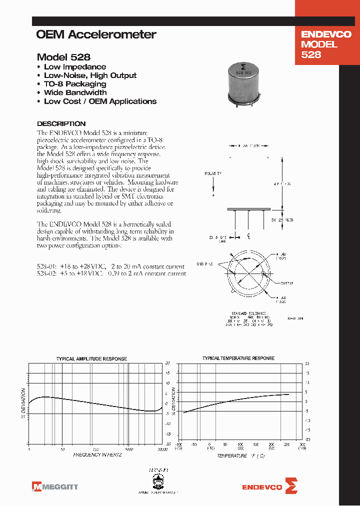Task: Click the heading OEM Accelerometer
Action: (x=96, y=34)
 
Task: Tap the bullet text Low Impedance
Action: (x=74, y=67)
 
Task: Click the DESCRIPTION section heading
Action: (x=61, y=123)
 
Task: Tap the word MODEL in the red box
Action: (x=319, y=44)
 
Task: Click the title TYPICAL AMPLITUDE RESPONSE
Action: (x=91, y=359)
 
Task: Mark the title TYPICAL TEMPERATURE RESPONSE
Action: (x=238, y=358)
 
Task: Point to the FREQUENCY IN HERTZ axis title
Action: (x=97, y=455)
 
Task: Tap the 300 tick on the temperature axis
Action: (x=301, y=444)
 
